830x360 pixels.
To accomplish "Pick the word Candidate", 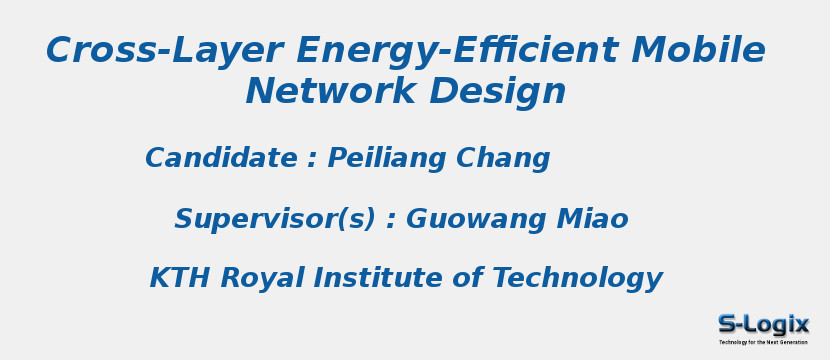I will (x=221, y=159).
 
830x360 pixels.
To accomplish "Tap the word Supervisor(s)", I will (x=275, y=220).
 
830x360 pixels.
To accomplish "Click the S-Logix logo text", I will (x=764, y=324).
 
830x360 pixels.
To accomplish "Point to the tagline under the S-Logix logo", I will (x=764, y=342).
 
